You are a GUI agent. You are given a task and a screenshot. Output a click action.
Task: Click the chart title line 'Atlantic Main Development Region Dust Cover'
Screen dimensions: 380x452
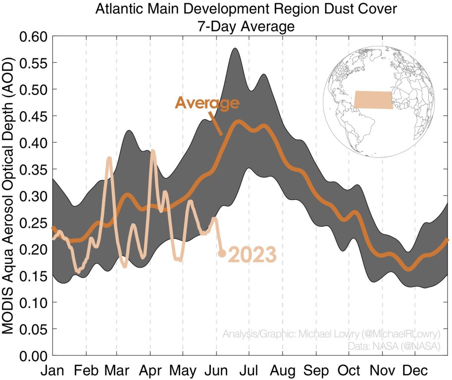246,10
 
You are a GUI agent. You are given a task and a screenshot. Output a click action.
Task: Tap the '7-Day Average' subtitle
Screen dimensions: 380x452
246,25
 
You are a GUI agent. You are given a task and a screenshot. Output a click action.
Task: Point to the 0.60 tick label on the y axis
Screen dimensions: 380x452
32,37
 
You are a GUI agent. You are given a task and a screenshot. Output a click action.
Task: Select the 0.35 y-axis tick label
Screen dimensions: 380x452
32,170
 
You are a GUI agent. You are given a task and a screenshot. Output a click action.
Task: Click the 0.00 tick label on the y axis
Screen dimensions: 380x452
32,356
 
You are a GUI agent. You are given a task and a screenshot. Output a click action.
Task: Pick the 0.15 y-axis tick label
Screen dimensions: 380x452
32,276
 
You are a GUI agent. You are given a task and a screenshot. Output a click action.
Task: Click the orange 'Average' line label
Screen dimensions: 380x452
207,103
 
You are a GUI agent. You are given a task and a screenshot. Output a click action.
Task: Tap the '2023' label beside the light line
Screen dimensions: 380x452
251,255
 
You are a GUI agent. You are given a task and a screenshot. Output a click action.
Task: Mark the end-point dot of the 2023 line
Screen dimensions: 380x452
222,253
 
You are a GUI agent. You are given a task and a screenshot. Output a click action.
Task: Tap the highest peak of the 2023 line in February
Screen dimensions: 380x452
109,158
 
